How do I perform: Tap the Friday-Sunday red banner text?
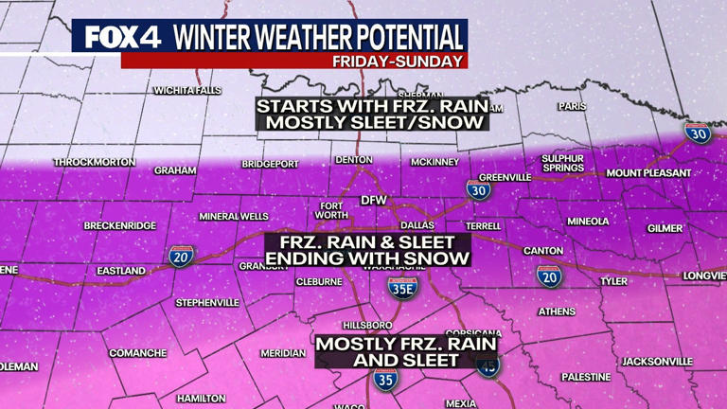click(x=399, y=61)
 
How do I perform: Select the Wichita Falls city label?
click(x=187, y=91)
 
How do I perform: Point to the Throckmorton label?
click(x=95, y=162)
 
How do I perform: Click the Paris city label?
click(x=573, y=107)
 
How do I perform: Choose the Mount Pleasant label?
click(x=648, y=173)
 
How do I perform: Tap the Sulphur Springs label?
click(x=562, y=163)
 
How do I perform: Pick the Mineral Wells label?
click(x=234, y=217)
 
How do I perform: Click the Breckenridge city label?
click(x=119, y=225)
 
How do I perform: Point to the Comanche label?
click(x=138, y=353)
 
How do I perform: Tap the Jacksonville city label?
click(x=657, y=362)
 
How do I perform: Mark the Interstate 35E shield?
click(x=402, y=287)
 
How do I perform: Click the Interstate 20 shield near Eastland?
click(x=181, y=256)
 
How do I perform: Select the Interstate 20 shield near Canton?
click(x=548, y=276)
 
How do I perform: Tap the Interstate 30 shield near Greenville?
click(x=479, y=190)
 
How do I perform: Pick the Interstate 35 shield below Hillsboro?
click(x=384, y=380)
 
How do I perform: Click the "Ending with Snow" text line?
click(x=367, y=258)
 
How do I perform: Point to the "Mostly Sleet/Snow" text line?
click(x=372, y=122)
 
